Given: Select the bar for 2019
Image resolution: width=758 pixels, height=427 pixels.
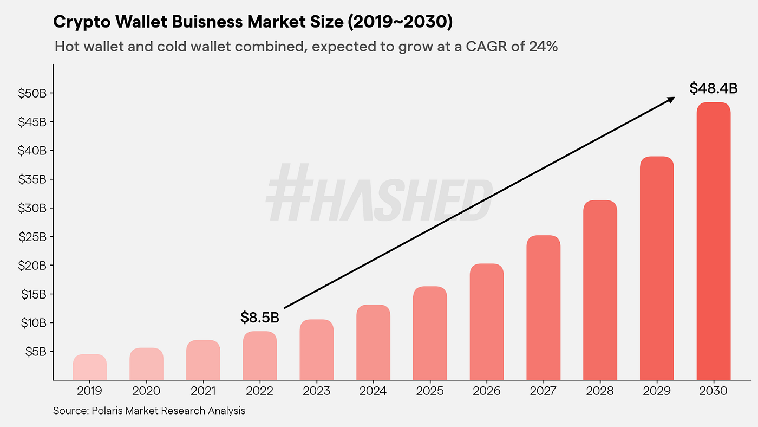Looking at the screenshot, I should point(89,367).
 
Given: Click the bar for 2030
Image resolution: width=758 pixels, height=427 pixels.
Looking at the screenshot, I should point(713,241).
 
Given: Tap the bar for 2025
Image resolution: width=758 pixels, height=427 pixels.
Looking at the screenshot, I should point(430,333).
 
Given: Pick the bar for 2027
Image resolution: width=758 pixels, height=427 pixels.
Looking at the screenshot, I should point(543,307).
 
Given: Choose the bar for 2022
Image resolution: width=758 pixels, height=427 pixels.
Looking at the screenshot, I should point(260,355).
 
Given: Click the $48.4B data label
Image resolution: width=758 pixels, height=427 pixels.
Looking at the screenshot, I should point(713,88).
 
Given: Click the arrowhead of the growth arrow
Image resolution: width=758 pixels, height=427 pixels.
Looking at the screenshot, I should point(671,99).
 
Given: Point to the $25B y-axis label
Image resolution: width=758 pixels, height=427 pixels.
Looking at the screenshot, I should point(32,237).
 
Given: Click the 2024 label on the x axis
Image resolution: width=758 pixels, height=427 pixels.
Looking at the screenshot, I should point(373,391).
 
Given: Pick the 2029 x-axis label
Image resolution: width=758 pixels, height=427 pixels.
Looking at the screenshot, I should point(656,391).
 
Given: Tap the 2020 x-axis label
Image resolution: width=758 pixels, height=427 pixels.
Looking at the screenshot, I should point(146,391).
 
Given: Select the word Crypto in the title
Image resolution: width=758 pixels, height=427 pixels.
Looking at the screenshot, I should point(76,23).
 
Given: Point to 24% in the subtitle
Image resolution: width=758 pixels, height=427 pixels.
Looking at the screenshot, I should point(543,47).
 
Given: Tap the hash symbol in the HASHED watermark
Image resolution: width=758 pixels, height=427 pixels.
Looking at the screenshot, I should point(289,192).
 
